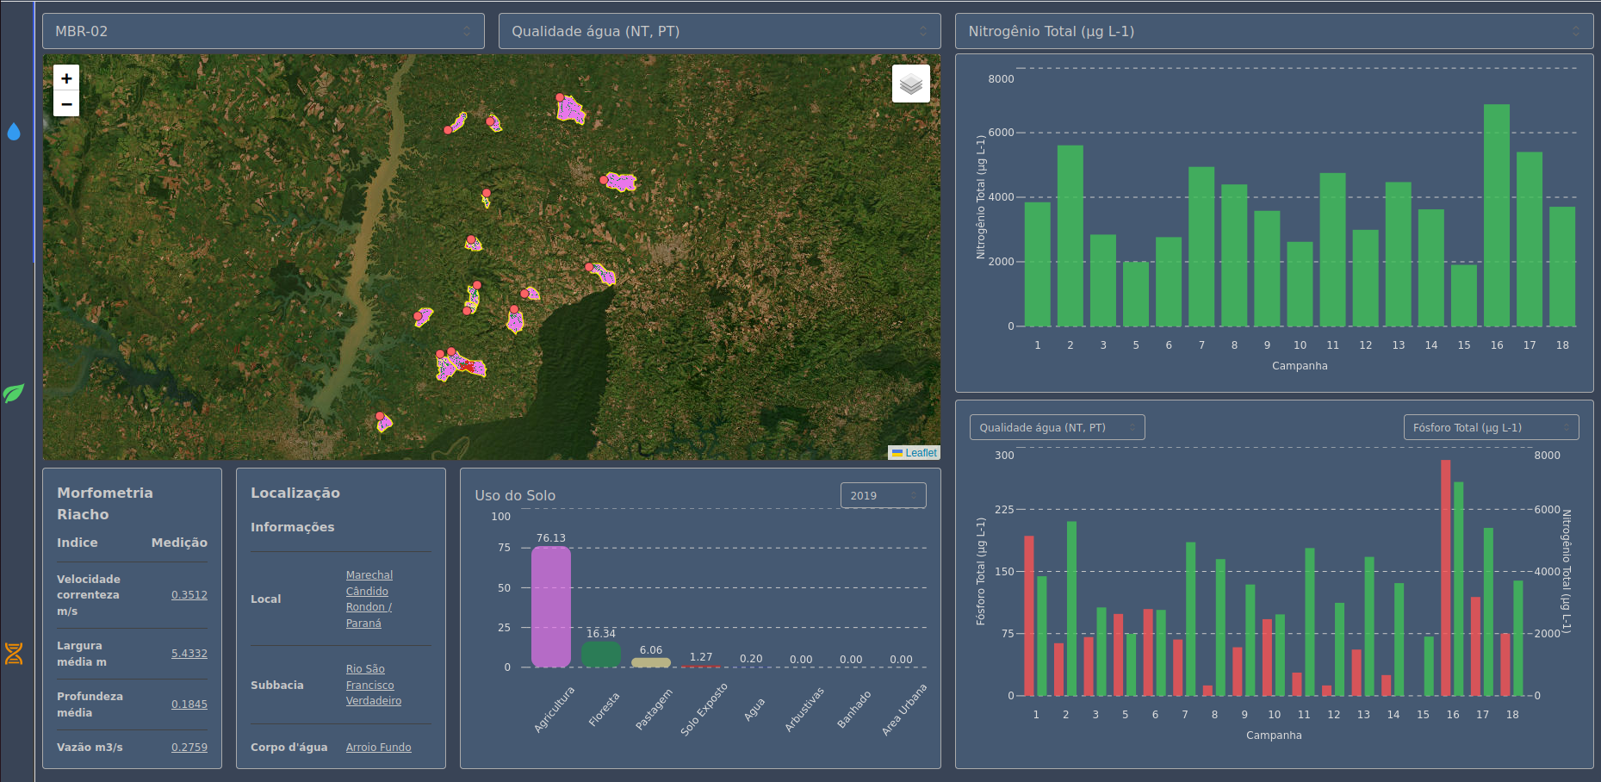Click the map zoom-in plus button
pos(66,78)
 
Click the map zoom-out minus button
pos(66,103)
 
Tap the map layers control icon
pos(910,84)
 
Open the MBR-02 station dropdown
pos(263,31)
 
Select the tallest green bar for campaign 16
pos(1497,215)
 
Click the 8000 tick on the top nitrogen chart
pos(1001,79)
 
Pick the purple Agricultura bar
pos(551,606)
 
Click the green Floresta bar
pos(601,655)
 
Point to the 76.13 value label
pos(551,538)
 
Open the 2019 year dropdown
pos(883,495)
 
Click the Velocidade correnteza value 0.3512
pos(189,595)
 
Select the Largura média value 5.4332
pos(189,654)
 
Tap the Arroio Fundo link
pos(379,748)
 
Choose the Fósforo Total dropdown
pos(1491,427)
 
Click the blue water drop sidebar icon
pos(14,132)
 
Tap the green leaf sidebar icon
pos(14,393)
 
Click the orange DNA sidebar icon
pos(14,654)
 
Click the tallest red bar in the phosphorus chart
pos(1446,578)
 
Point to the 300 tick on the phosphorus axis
pos(1004,456)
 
